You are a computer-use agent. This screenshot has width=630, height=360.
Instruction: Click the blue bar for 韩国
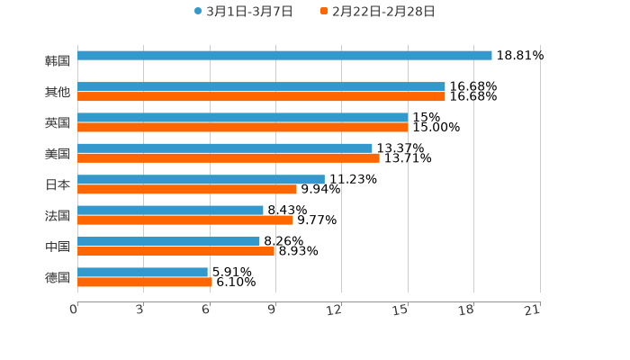click(x=284, y=55)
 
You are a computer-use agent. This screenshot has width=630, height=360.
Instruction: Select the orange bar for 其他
click(x=261, y=96)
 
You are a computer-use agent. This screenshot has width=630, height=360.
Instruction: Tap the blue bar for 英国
click(x=242, y=117)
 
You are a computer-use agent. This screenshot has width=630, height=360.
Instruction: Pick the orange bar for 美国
click(x=229, y=158)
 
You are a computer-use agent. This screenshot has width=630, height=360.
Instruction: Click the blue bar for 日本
click(x=201, y=179)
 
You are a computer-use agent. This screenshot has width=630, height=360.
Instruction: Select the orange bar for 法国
click(x=185, y=220)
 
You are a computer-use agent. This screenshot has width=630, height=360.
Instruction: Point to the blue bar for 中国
click(x=168, y=241)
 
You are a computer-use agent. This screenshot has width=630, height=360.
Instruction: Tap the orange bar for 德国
click(x=145, y=282)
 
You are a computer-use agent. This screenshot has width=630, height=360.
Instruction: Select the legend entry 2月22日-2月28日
click(x=377, y=12)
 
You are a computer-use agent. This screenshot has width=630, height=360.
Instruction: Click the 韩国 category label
click(x=58, y=61)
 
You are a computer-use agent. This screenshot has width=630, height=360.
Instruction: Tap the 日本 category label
click(x=58, y=184)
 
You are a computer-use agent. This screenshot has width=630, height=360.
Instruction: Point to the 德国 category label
click(x=58, y=277)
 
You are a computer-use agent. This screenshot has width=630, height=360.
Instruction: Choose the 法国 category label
click(x=58, y=216)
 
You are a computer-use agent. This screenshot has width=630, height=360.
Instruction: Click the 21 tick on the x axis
click(x=533, y=310)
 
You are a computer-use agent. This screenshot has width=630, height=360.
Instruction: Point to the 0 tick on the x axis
click(x=74, y=310)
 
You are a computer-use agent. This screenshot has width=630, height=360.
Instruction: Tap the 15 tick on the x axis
click(x=401, y=310)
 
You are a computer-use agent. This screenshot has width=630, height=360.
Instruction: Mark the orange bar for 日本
click(x=187, y=189)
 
